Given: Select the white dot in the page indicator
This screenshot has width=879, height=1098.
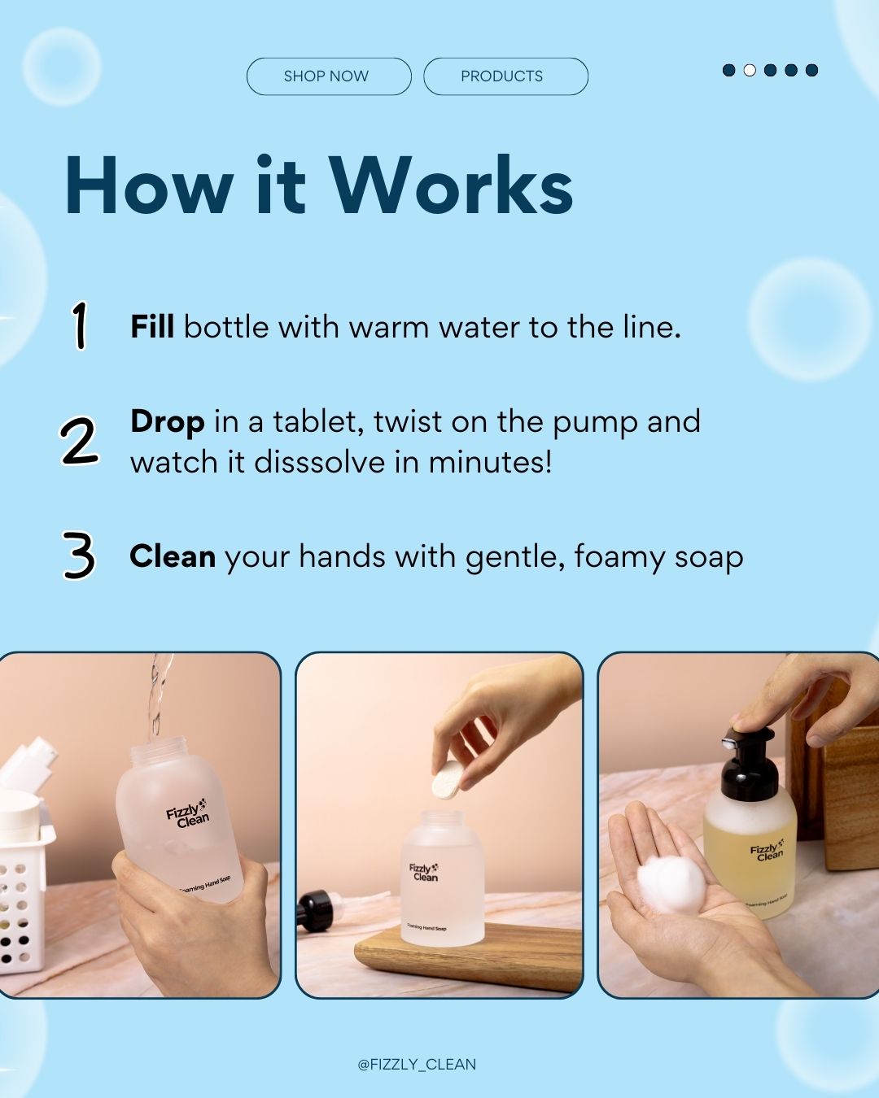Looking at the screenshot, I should point(750,70).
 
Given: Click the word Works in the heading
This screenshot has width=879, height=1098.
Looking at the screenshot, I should point(451,186).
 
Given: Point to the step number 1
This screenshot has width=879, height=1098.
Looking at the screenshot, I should point(79,325).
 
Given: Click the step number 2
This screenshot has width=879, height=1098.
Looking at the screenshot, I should point(79,442).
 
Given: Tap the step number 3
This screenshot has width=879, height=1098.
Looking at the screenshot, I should point(79,556).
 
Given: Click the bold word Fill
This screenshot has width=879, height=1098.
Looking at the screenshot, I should point(152,327).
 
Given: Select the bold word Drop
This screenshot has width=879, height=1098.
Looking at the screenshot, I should point(167,422).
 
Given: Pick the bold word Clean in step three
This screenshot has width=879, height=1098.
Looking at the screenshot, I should point(173,557).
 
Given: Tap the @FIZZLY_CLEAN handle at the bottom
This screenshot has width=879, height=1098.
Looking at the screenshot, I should point(417,1064).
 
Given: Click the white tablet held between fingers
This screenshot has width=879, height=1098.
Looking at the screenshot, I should point(446,780).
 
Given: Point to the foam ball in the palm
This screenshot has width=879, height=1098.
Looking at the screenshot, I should point(671,885).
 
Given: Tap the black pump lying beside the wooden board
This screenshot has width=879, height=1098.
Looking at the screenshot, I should point(316,911).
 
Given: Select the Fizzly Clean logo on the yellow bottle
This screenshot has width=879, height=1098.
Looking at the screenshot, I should point(767,851).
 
